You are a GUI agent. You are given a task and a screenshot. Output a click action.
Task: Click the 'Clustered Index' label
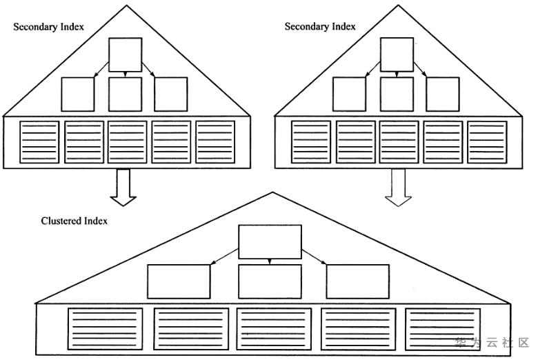pyautogui.click(x=74, y=221)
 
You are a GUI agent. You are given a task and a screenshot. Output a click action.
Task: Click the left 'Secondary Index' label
pyautogui.click(x=48, y=27)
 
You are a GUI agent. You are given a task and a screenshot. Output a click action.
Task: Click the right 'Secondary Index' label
pyautogui.click(x=320, y=26)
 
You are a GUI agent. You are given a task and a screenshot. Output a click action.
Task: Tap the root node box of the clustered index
pyautogui.click(x=270, y=242)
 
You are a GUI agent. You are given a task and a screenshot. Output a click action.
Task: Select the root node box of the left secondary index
pyautogui.click(x=126, y=55)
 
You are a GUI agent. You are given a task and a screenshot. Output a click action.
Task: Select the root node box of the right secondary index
pyautogui.click(x=397, y=55)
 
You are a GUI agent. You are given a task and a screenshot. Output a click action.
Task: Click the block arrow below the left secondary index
pyautogui.click(x=123, y=188)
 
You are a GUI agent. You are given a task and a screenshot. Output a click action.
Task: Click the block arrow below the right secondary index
pyautogui.click(x=398, y=188)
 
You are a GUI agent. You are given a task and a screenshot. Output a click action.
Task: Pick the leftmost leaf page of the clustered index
pyautogui.click(x=105, y=329)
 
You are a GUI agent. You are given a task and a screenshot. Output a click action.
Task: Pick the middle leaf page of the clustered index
pyautogui.click(x=274, y=329)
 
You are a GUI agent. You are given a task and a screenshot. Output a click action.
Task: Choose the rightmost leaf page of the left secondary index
pyautogui.click(x=215, y=142)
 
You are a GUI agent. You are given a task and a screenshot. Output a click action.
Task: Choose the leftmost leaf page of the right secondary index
pyautogui.click(x=311, y=142)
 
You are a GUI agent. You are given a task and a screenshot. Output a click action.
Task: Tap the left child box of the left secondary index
pyautogui.click(x=77, y=94)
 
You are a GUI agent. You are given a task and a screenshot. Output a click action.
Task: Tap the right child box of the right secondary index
pyautogui.click(x=443, y=94)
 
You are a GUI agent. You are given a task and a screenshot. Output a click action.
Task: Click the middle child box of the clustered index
pyautogui.click(x=270, y=281)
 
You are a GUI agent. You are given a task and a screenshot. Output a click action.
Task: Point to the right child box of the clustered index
pyautogui.click(x=357, y=281)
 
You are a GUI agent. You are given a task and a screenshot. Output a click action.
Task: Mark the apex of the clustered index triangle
pyautogui.click(x=272, y=192)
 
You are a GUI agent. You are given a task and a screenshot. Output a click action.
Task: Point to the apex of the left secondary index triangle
pyautogui.click(x=126, y=5)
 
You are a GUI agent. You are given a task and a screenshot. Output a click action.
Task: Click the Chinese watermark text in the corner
pyautogui.click(x=492, y=343)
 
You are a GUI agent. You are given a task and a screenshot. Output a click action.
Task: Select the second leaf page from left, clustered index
pyautogui.click(x=191, y=329)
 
